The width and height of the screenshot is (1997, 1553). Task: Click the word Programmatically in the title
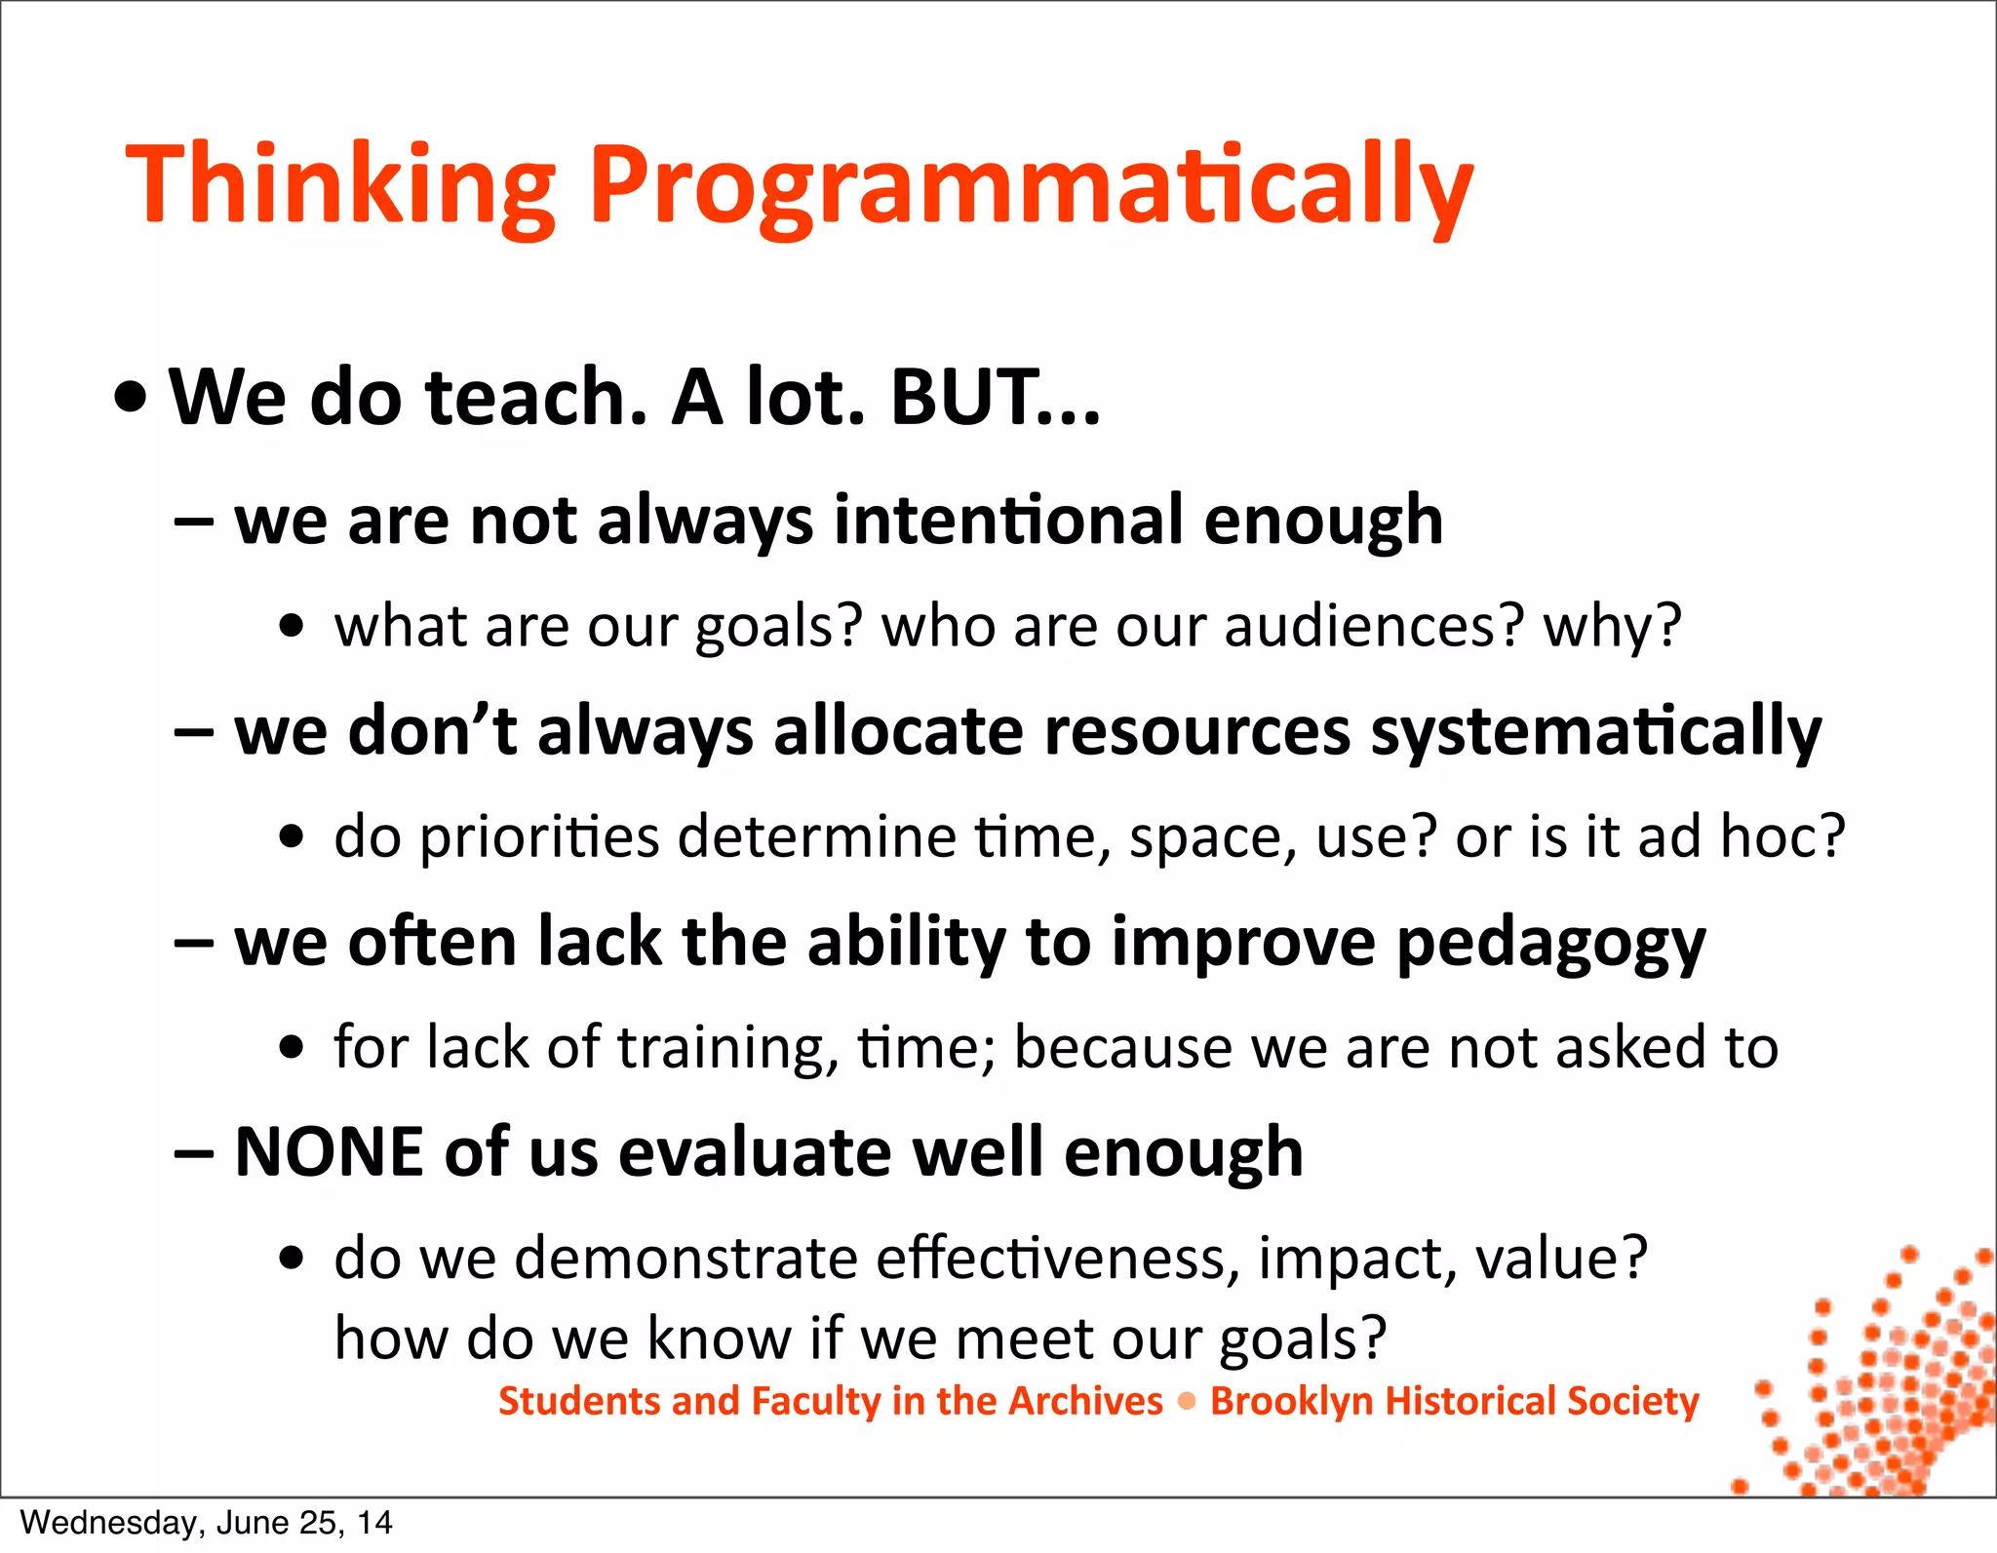[x=1032, y=185]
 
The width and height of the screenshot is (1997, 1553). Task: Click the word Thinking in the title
[x=340, y=185]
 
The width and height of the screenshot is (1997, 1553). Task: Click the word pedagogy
[x=1550, y=943]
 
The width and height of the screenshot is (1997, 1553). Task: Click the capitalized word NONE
[x=330, y=1152]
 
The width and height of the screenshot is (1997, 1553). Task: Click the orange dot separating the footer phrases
[x=1187, y=1402]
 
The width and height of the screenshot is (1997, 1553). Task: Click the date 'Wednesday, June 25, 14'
[x=206, y=1523]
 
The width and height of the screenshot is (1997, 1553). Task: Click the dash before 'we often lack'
[x=194, y=944]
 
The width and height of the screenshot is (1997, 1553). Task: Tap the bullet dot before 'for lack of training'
[x=291, y=1048]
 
